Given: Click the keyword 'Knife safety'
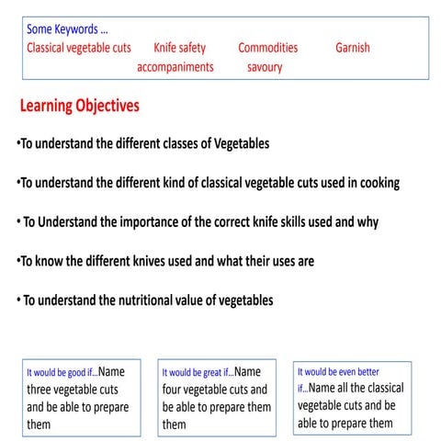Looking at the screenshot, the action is point(179,47).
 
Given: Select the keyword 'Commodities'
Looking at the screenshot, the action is point(267,47).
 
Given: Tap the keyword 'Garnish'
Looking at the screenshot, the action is point(353,47).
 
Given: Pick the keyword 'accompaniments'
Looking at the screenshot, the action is point(175,66).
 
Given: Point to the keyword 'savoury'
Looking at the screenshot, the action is point(265,66).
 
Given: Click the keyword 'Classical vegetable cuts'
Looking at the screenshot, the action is point(78,47).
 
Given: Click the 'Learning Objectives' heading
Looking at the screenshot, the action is point(80,107).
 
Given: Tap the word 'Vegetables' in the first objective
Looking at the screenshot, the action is point(240,144).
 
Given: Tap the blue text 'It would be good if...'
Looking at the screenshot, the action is point(61,374).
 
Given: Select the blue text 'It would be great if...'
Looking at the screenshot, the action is point(197,374).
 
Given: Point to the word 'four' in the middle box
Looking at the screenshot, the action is point(176,390).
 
